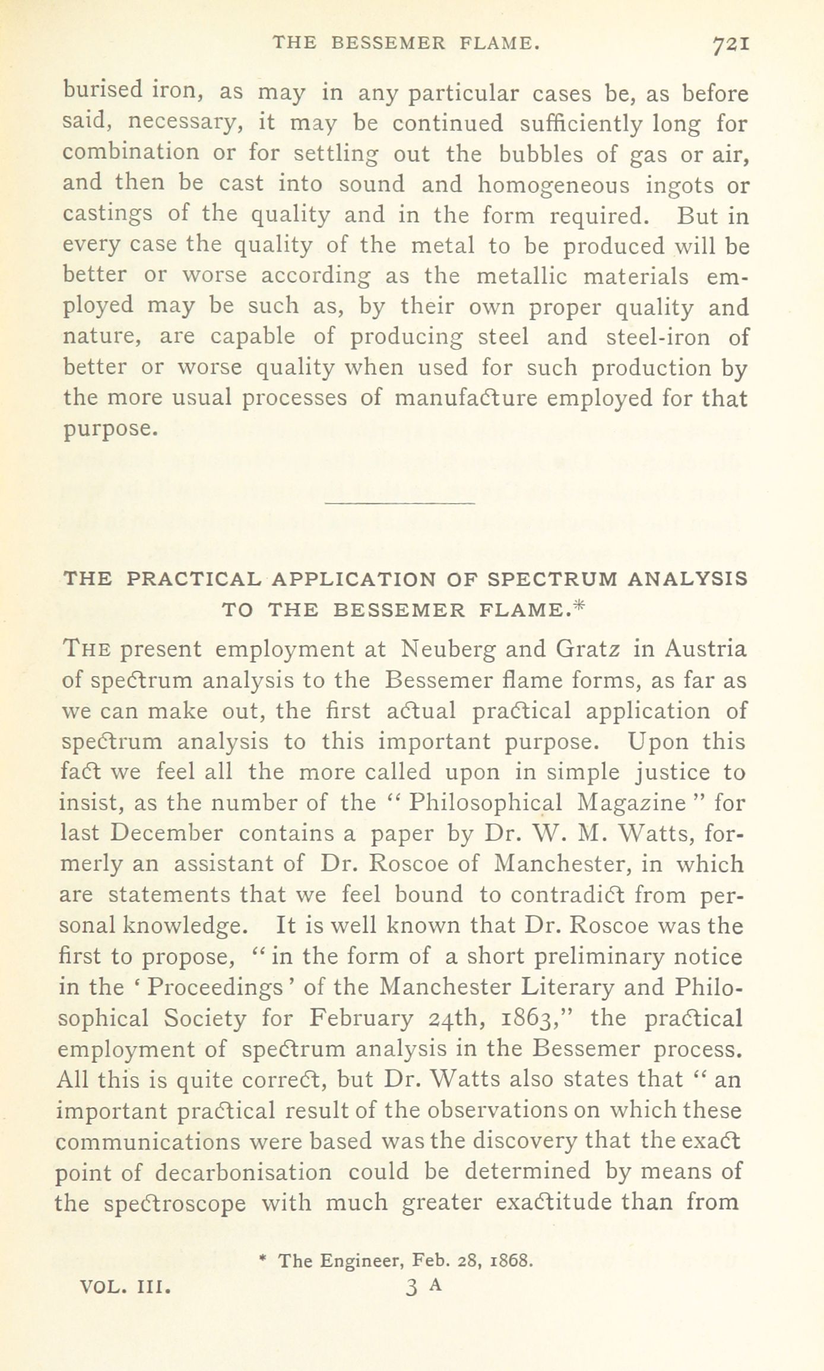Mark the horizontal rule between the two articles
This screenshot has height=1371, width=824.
401,504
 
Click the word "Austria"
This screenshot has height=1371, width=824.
705,648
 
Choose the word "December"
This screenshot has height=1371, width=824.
167,834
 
